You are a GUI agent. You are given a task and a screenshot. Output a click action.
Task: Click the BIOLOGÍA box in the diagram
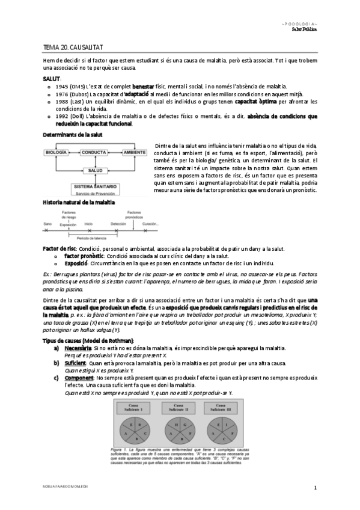tap(56, 152)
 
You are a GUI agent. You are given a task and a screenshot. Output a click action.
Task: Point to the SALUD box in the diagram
tap(93, 170)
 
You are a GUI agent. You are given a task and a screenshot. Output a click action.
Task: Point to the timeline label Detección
tap(119, 223)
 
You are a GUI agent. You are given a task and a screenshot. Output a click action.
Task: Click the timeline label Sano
tap(48, 223)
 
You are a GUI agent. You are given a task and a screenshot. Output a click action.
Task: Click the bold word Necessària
tap(78, 348)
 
